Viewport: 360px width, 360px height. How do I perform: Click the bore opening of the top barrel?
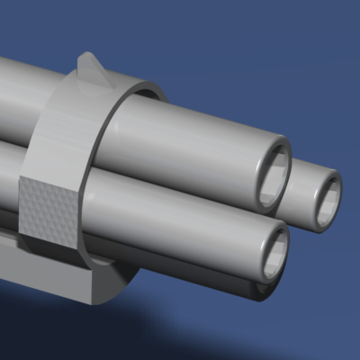point(273,173)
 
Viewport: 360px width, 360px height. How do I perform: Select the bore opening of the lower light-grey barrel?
point(273,253)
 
